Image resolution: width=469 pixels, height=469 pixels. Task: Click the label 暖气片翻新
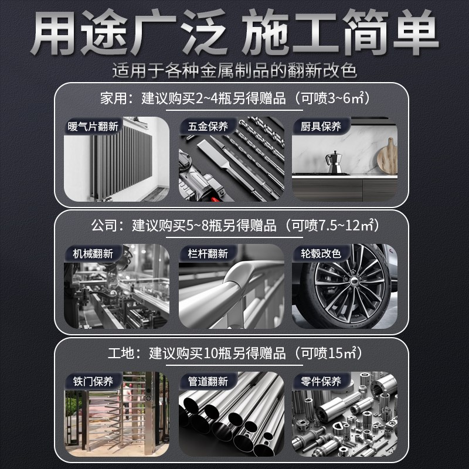pos(93,126)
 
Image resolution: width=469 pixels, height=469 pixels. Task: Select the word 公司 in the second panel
pos(104,225)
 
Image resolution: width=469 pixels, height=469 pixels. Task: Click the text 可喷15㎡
pos(328,353)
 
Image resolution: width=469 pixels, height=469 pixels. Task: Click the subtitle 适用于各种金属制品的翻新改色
pos(235,71)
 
